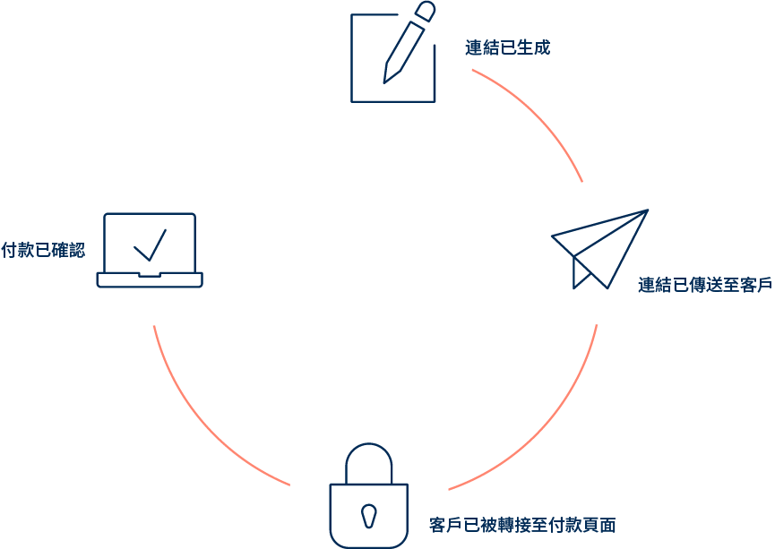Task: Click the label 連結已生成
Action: click(507, 48)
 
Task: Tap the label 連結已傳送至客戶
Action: click(704, 286)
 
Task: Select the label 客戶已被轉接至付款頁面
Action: click(522, 524)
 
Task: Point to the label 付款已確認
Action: click(43, 250)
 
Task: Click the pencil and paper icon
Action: click(392, 56)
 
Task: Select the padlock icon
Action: click(368, 496)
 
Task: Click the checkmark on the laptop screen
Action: click(150, 244)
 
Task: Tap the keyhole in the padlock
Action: click(368, 515)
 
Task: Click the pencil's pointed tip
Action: click(386, 80)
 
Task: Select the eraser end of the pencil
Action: click(426, 11)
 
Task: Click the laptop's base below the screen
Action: click(150, 280)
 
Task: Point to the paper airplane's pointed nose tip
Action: click(645, 211)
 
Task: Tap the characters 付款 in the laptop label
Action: click(17, 250)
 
